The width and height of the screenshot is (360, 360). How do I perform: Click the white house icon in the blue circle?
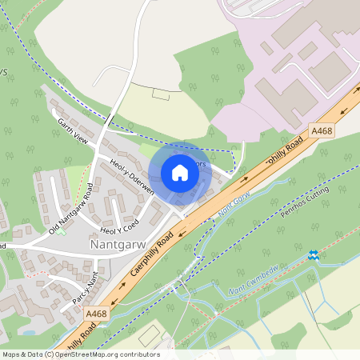pyautogui.click(x=179, y=173)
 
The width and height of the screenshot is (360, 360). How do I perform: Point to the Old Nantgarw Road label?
pyautogui.click(x=72, y=209)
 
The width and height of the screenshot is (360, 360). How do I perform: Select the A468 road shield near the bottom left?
pyautogui.click(x=96, y=314)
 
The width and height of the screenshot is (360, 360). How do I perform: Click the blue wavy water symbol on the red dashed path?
pyautogui.click(x=313, y=255)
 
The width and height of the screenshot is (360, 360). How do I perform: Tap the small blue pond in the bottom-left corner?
pyautogui.click(x=30, y=331)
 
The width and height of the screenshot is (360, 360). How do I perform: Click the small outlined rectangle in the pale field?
pyautogui.click(x=161, y=94)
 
